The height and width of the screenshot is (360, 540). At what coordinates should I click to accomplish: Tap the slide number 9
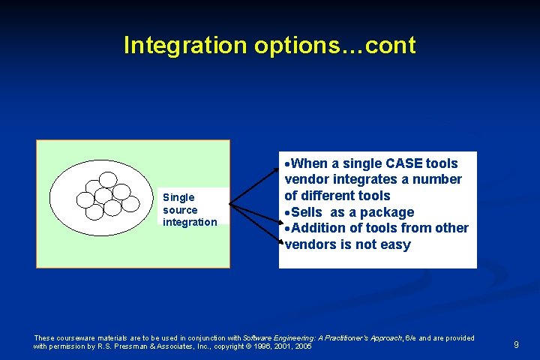(x=516, y=344)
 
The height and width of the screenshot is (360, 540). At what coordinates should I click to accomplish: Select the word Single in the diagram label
(x=178, y=198)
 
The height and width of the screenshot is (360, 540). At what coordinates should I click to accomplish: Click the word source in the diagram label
(x=180, y=210)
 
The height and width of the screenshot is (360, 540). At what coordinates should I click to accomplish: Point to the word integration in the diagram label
(x=190, y=222)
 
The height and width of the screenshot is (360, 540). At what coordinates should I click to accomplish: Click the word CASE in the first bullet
(x=404, y=163)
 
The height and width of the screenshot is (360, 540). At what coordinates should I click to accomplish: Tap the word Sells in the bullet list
(x=308, y=212)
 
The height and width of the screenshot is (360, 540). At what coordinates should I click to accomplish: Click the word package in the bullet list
(x=386, y=213)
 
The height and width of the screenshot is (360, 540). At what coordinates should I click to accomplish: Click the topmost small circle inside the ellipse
(x=108, y=179)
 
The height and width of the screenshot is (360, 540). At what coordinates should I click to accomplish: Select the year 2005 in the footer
(x=303, y=346)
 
